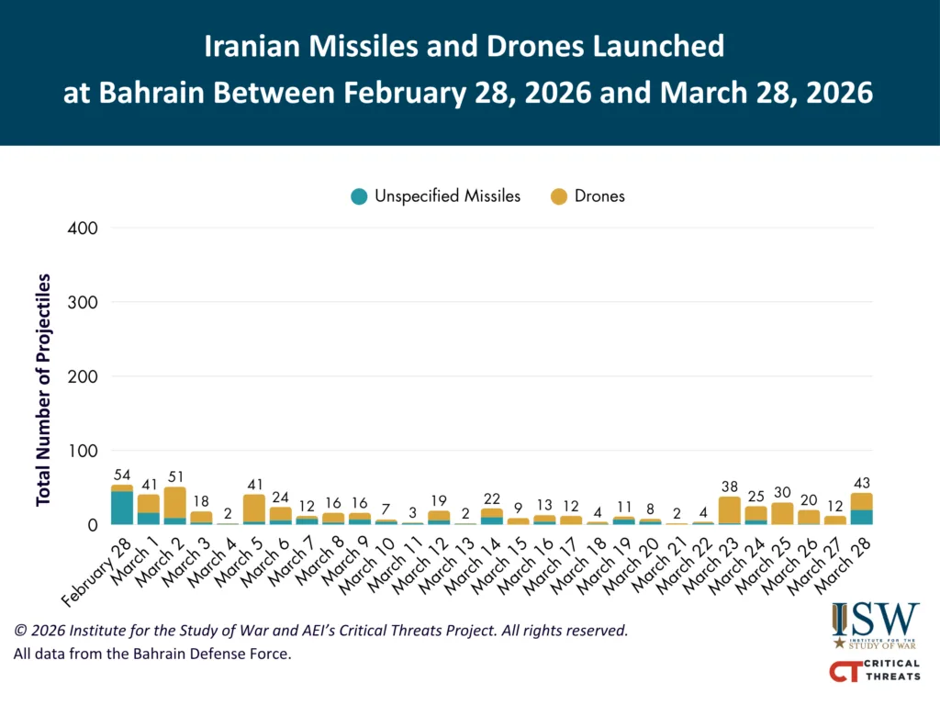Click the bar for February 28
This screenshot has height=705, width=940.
(x=122, y=505)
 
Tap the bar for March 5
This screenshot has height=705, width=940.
(x=254, y=509)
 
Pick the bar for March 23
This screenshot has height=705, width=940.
(x=730, y=510)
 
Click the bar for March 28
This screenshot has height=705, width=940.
(x=861, y=509)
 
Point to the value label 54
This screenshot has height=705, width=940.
(x=122, y=476)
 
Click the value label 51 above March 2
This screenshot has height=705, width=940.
(x=174, y=477)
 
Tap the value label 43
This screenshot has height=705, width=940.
(x=861, y=483)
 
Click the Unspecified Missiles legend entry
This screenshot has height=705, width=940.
(x=436, y=196)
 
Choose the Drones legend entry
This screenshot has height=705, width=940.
(x=587, y=196)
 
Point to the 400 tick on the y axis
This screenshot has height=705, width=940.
(x=84, y=228)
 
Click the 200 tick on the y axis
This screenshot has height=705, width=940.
(x=84, y=376)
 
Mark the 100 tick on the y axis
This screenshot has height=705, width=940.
(x=84, y=451)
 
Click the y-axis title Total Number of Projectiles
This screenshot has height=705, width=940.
(x=43, y=389)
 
